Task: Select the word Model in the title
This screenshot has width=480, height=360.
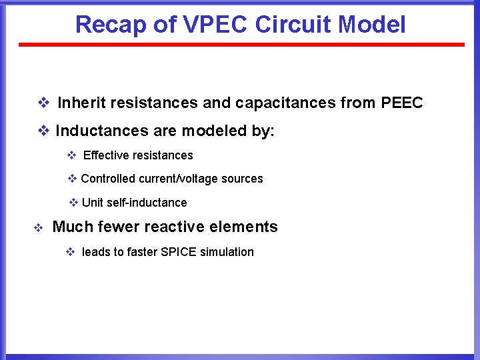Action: pyautogui.click(x=371, y=25)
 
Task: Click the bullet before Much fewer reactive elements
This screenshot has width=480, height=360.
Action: pyautogui.click(x=38, y=228)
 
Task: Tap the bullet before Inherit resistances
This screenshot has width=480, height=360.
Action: pyautogui.click(x=43, y=103)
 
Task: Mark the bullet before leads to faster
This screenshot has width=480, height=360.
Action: pyautogui.click(x=70, y=253)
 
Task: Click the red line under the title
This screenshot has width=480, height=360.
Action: pyautogui.click(x=241, y=45)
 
